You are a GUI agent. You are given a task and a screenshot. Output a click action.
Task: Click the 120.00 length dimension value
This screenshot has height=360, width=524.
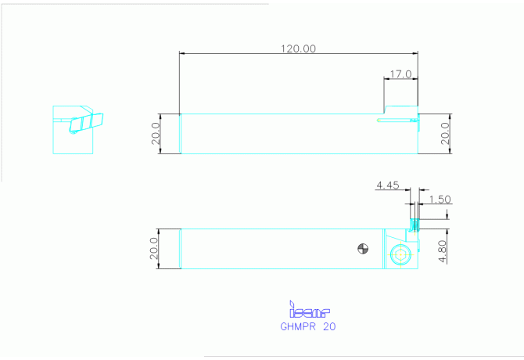pos(298,49)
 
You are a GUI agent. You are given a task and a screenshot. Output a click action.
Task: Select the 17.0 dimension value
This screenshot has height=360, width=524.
pos(400,74)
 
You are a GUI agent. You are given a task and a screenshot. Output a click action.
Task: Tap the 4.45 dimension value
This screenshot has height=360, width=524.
pos(388,185)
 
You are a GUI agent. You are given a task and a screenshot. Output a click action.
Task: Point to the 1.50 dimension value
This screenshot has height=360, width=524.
pos(440,200)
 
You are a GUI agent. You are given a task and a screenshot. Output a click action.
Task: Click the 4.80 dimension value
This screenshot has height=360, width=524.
pos(443,251)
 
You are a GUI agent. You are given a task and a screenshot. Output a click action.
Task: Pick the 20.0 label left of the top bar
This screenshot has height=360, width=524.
pos(156,133)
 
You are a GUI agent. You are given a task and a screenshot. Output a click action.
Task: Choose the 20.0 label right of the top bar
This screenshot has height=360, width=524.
pos(445,133)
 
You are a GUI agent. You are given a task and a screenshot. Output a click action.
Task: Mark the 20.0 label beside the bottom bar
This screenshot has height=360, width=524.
pos(154,248)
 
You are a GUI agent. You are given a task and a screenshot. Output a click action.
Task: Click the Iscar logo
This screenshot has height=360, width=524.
pos(310,309)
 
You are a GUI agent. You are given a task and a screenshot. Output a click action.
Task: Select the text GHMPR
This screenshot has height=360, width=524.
pos(298,326)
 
